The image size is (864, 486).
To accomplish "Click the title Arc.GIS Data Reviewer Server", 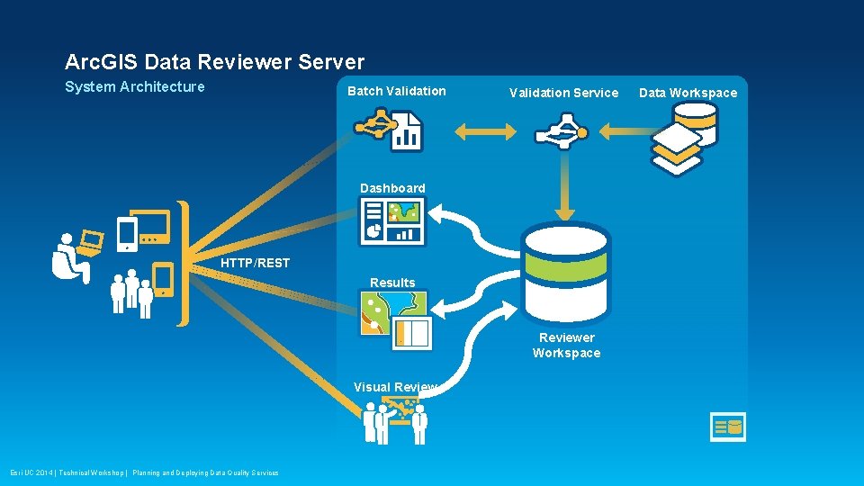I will click(x=214, y=62).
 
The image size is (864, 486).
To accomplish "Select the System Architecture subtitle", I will click(x=135, y=86).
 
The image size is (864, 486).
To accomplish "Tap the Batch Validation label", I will click(x=396, y=91).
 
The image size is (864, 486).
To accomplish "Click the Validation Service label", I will click(x=563, y=93).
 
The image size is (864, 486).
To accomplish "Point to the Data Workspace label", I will click(x=688, y=93).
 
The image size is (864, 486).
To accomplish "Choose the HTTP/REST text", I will click(x=256, y=263).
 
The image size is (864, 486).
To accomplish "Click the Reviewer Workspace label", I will click(x=566, y=345).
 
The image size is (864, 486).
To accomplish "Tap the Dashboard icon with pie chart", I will click(x=392, y=221).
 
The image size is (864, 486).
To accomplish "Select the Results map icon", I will click(x=395, y=319).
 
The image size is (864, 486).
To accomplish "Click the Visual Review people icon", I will click(x=395, y=421).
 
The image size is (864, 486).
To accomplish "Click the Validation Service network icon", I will click(x=561, y=131).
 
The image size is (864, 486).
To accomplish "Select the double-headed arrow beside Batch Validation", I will click(x=486, y=131).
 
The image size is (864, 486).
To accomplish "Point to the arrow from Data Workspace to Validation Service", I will click(x=629, y=131).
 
